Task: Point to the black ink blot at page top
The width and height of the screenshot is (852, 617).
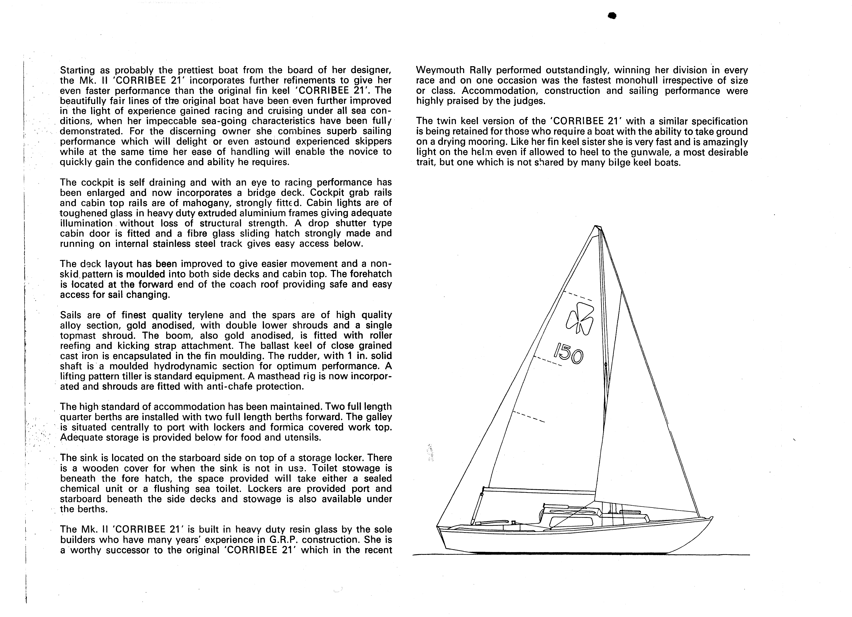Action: click(x=612, y=16)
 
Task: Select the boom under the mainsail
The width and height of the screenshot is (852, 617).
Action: click(x=539, y=490)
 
